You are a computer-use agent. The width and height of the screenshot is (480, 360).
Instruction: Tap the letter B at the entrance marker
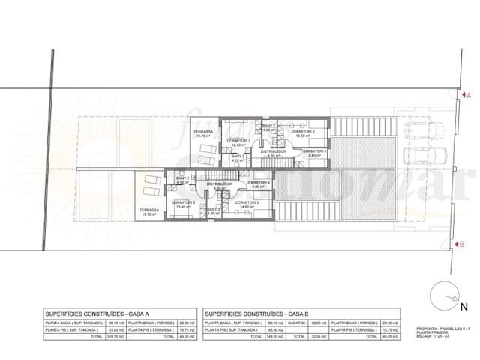[466, 243]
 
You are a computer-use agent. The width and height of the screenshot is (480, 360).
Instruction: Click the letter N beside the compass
[463, 306]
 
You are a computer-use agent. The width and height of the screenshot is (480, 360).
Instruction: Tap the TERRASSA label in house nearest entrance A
[202, 133]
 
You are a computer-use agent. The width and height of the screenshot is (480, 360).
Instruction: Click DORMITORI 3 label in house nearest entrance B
[247, 203]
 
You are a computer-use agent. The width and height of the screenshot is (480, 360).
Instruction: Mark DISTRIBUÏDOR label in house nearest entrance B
[220, 183]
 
